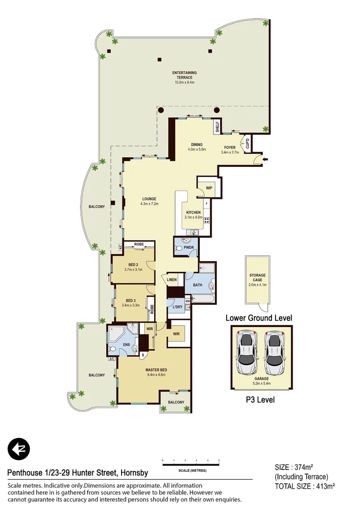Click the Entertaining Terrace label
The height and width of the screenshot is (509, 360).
pos(184,73)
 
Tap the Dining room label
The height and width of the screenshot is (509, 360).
pos(196,145)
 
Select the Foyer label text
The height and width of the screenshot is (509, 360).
pos(230,148)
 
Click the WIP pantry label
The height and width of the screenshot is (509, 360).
pos(209,188)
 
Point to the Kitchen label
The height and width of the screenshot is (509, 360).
pos(193,213)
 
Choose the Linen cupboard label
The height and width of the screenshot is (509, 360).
pos(172,280)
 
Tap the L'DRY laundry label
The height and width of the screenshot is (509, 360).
pos(177,307)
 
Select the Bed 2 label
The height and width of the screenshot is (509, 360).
pos(133,264)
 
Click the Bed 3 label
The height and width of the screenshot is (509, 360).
pos(131,300)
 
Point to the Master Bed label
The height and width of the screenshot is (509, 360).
pos(155,370)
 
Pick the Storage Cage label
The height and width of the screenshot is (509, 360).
pos(257,275)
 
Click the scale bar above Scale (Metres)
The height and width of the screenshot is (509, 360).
pos(191,465)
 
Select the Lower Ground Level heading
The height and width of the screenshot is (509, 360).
pos(258,318)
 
